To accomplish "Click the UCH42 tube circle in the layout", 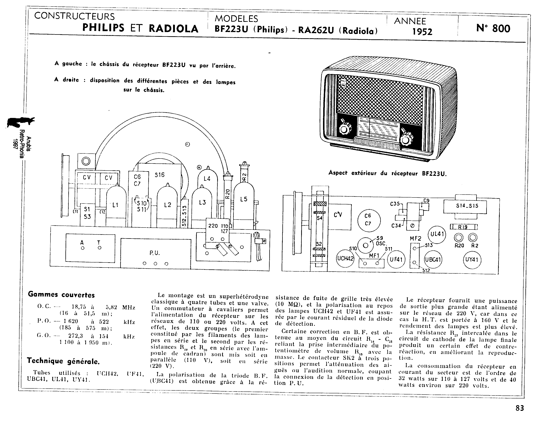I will (x=345, y=258).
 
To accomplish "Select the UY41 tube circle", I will (x=472, y=260).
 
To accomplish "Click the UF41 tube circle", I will (x=396, y=259).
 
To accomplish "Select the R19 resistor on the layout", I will (x=463, y=227).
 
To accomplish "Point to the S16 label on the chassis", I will (x=160, y=175).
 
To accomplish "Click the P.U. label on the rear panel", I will (x=155, y=253).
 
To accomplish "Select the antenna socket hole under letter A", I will (x=83, y=248).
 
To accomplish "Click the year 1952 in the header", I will (x=422, y=32).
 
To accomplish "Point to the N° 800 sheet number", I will (x=493, y=28).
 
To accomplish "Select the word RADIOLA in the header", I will (x=173, y=28).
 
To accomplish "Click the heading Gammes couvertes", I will (x=61, y=295).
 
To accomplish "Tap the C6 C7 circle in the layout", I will (x=369, y=220).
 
